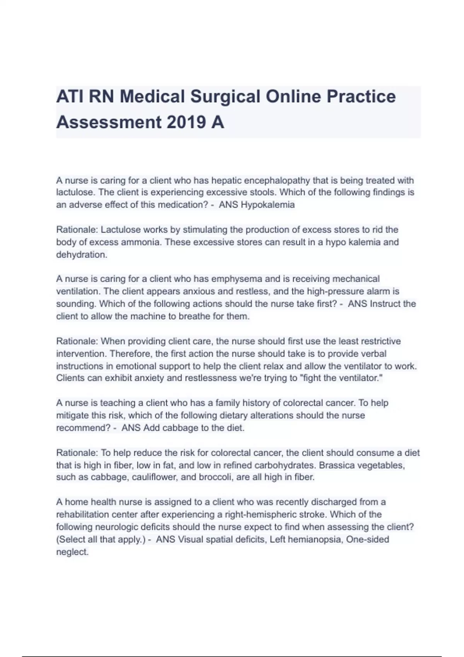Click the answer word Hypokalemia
click(268, 205)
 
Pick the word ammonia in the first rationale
click(167, 242)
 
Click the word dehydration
click(81, 255)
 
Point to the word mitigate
click(72, 415)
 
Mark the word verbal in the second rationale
click(373, 354)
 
